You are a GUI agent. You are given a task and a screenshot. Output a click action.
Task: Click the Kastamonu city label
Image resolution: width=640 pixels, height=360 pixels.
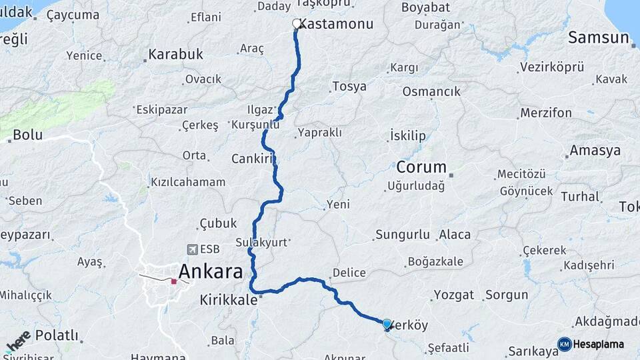336,24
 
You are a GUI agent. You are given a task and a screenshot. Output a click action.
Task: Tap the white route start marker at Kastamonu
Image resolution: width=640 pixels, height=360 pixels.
297,24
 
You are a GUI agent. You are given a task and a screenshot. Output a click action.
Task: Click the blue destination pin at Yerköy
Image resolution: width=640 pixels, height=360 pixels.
387,324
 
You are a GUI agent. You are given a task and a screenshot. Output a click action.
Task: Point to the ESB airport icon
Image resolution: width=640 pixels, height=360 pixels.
193,249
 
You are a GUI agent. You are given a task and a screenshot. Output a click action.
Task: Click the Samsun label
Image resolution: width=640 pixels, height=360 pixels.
599,38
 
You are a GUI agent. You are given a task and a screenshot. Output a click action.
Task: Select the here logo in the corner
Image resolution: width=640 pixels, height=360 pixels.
18,340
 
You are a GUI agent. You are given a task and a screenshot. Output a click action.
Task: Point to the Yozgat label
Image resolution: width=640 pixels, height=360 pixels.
453,295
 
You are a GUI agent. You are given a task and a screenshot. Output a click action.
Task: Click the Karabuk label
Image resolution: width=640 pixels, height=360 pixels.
175,55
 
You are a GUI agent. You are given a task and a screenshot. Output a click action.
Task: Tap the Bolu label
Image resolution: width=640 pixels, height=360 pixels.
27,135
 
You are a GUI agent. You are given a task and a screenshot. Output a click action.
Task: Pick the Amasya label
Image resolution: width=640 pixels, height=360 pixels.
595,151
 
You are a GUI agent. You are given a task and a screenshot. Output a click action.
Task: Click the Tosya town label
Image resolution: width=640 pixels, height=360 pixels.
349,87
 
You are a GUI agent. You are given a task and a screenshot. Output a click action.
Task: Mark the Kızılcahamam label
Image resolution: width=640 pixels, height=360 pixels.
188,182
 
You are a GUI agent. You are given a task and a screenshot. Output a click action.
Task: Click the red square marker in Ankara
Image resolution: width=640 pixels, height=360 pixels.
174,281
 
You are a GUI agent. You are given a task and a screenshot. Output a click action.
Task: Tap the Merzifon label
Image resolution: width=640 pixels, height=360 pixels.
546,113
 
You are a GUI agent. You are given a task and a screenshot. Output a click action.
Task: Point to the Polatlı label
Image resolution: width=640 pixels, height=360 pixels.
57,335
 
